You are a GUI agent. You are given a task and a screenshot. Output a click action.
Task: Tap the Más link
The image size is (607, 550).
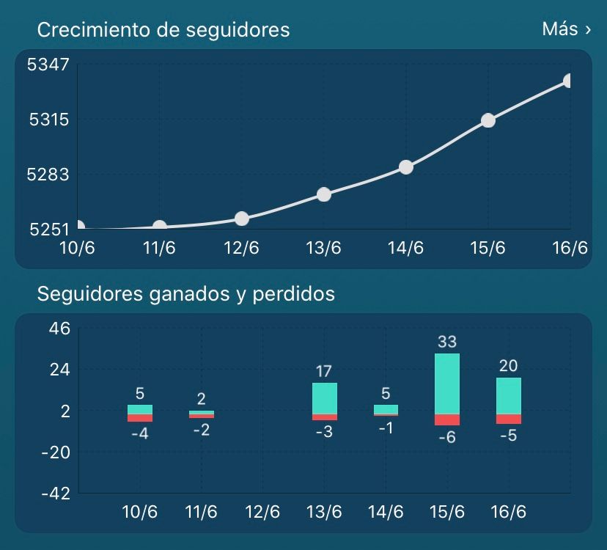(567, 29)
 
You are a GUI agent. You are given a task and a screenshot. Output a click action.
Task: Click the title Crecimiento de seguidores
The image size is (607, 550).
(163, 30)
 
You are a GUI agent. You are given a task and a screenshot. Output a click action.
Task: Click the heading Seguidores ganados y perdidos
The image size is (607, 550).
(185, 293)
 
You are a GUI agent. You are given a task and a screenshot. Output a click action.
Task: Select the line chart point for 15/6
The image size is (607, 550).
(488, 120)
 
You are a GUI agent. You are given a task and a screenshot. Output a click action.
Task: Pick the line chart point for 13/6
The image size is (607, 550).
(324, 194)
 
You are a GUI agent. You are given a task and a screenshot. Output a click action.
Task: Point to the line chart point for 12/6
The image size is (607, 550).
(242, 219)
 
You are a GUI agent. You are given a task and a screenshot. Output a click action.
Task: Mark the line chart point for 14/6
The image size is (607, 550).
(406, 167)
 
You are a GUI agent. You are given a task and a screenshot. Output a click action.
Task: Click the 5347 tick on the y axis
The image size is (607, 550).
(48, 65)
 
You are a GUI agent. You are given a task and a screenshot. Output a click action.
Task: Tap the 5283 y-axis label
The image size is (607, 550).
(48, 175)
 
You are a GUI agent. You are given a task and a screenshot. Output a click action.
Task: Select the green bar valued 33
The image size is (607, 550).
(447, 384)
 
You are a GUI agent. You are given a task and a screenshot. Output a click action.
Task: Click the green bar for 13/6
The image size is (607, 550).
(325, 398)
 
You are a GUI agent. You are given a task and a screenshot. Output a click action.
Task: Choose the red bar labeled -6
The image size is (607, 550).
(447, 420)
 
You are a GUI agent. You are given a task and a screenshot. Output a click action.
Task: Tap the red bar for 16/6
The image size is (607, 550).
(509, 419)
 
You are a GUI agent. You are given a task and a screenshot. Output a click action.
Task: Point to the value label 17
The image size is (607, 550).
(324, 372)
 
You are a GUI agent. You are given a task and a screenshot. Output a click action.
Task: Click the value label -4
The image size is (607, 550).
(140, 434)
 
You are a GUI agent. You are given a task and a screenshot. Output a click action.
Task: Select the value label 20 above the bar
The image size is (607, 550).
(508, 366)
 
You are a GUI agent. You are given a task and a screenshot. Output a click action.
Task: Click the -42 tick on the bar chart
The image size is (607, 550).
(56, 494)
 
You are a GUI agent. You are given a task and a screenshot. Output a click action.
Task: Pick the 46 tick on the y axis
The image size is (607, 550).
(59, 329)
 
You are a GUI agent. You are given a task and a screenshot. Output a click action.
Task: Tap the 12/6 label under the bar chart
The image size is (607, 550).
(262, 512)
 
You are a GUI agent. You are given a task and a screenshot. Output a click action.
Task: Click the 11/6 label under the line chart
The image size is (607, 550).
(159, 248)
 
